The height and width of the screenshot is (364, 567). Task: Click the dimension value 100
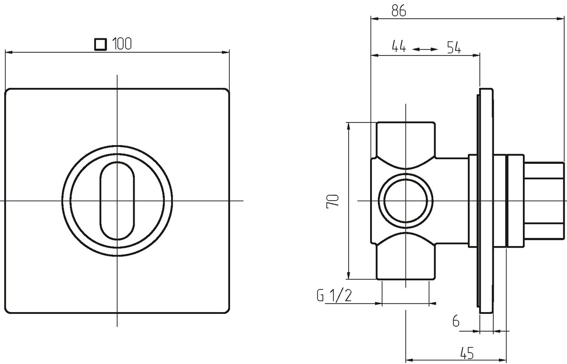pyautogui.click(x=122, y=44)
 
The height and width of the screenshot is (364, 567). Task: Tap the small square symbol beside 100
pyautogui.click(x=100, y=44)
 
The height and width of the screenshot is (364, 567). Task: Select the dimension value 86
pyautogui.click(x=399, y=11)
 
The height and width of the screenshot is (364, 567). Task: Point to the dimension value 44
pyautogui.click(x=399, y=46)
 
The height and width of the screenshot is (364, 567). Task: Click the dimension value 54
pyautogui.click(x=454, y=47)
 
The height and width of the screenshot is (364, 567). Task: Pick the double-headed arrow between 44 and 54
pyautogui.click(x=425, y=50)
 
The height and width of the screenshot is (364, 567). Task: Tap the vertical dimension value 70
pyautogui.click(x=332, y=202)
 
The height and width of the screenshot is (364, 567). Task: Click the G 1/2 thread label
pyautogui.click(x=334, y=295)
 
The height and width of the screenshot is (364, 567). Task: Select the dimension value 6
pyautogui.click(x=456, y=321)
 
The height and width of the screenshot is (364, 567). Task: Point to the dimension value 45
pyautogui.click(x=467, y=353)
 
